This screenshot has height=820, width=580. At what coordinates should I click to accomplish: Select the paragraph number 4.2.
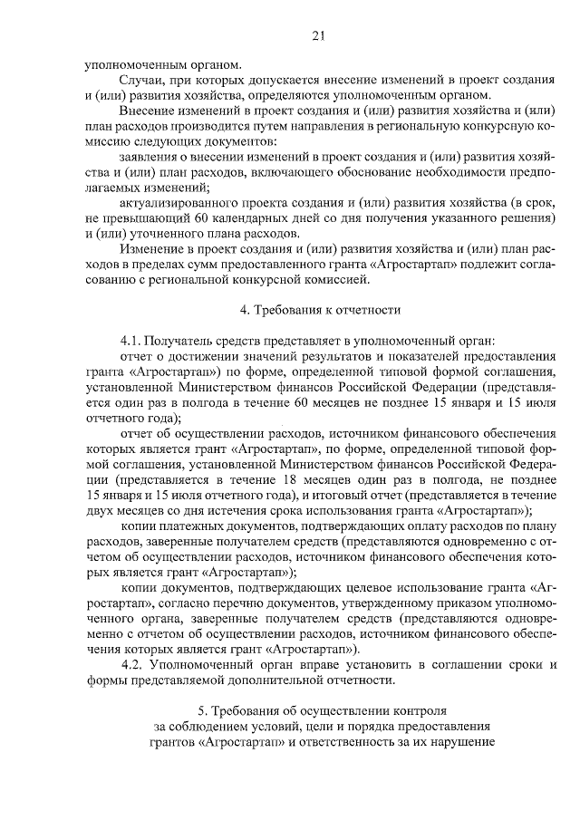[x=131, y=665]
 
